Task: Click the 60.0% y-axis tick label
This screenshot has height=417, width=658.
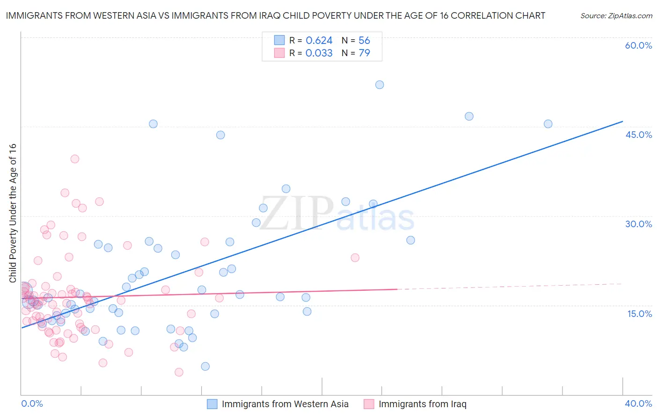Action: click(x=638, y=45)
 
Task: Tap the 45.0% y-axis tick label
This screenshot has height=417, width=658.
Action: click(x=638, y=135)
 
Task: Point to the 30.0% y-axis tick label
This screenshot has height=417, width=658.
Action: click(x=638, y=224)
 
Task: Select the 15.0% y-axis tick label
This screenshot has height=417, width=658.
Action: click(x=639, y=314)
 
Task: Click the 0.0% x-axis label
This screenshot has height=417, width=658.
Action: click(x=32, y=403)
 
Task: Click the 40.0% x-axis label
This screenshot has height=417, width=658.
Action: click(x=638, y=403)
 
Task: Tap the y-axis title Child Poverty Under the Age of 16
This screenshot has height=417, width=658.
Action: click(x=13, y=213)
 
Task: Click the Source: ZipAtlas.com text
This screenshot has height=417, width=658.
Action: click(x=616, y=15)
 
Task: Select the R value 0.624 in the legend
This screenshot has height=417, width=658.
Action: click(x=319, y=41)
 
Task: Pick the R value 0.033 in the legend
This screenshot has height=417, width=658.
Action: click(x=319, y=53)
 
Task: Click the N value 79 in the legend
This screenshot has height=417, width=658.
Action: click(x=364, y=53)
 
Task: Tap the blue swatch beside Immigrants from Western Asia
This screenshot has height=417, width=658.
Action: click(x=212, y=404)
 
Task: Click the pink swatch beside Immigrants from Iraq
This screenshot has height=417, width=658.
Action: click(x=369, y=404)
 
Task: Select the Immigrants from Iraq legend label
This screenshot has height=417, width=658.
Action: click(x=422, y=404)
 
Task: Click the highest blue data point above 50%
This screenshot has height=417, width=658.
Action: click(x=380, y=85)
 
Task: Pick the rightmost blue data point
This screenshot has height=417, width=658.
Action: click(x=548, y=124)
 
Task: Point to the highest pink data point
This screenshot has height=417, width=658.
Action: click(x=75, y=159)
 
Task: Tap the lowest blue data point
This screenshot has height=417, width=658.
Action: click(x=205, y=367)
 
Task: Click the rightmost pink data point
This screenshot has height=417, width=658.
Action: click(x=355, y=258)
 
